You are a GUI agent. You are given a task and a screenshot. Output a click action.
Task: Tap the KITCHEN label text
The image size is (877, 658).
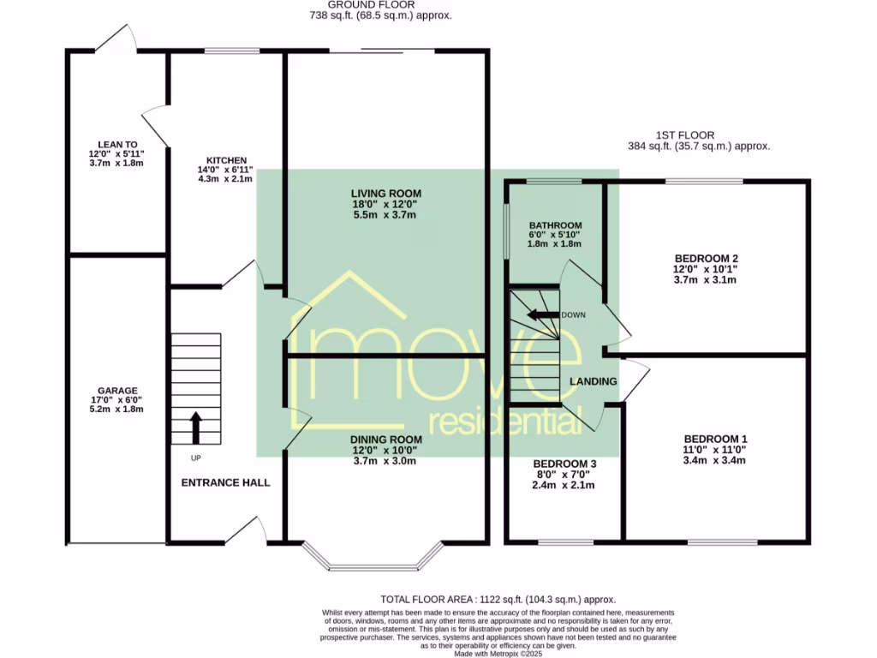tap(226, 160)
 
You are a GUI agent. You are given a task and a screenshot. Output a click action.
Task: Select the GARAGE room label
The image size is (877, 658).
tap(117, 391)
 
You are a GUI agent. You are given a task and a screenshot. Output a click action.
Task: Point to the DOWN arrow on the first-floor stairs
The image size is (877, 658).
tap(540, 314)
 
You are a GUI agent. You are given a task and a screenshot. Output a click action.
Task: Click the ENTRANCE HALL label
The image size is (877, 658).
tap(225, 482)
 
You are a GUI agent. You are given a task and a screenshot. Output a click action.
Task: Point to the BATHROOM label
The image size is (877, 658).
tap(555, 225)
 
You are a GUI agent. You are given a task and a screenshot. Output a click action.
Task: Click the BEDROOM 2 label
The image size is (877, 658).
tap(706, 258)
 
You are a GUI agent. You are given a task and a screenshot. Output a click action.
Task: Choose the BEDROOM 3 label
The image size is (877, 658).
tap(564, 464)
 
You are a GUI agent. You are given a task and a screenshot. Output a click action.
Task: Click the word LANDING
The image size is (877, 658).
tap(594, 381)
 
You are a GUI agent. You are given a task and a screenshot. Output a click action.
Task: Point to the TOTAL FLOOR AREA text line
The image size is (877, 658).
tap(498, 600)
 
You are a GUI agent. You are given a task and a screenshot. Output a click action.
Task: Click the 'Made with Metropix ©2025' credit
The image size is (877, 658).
tap(498, 654)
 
